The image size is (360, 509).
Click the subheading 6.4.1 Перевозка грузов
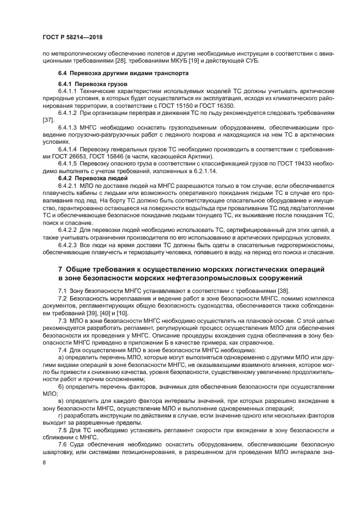click(x=92, y=84)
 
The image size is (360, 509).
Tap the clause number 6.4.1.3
click(x=70, y=126)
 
